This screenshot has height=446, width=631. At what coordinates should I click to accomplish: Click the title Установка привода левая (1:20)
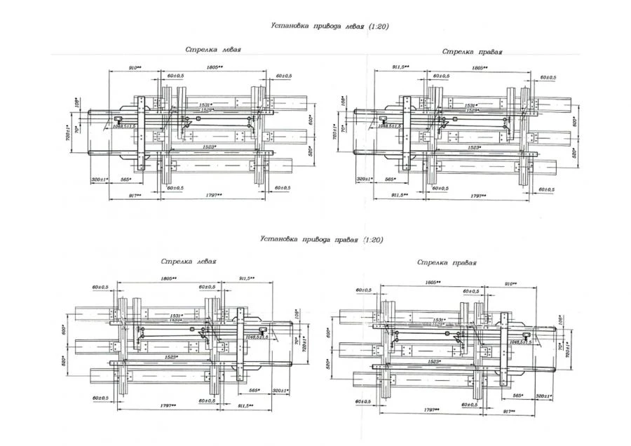(330, 26)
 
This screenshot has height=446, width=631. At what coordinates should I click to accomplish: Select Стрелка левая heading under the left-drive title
(213, 50)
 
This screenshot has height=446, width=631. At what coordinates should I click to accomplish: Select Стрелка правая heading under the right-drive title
(447, 262)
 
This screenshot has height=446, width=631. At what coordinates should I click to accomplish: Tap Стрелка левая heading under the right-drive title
(188, 261)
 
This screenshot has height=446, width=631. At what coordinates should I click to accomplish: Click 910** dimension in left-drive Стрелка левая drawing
(135, 67)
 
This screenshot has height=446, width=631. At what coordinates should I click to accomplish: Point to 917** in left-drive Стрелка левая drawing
(135, 195)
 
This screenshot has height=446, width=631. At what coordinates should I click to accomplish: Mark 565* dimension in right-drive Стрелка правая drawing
(517, 396)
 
